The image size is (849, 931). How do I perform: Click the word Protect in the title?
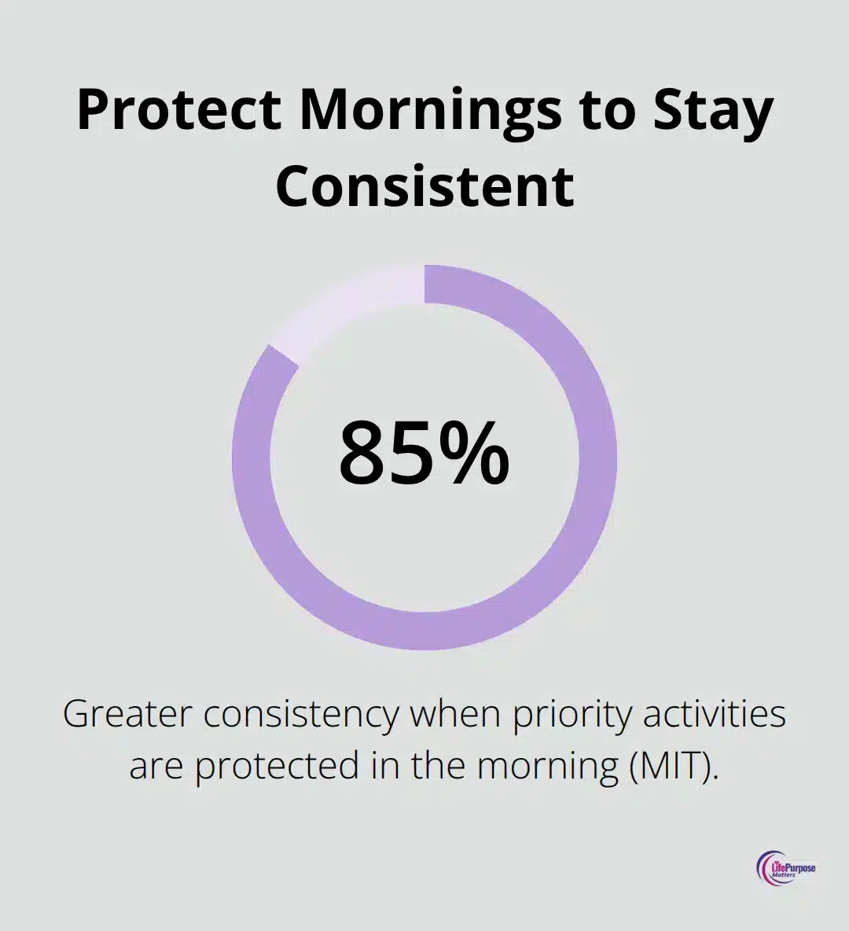[x=180, y=111]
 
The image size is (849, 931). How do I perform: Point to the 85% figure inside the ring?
[x=424, y=454]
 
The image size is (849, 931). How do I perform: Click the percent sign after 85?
[x=473, y=454]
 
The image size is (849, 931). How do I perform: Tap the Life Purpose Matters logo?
[x=786, y=870]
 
